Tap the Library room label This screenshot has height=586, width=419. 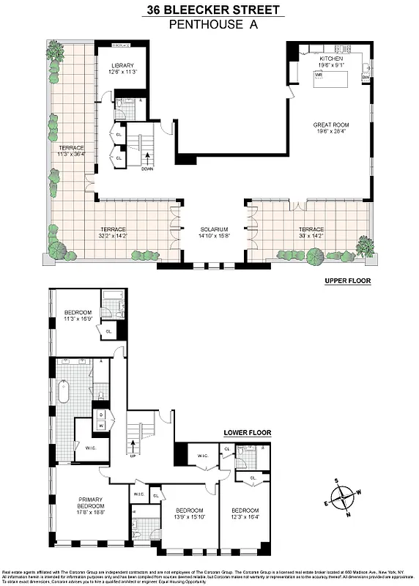(122, 69)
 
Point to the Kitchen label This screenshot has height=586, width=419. (331, 60)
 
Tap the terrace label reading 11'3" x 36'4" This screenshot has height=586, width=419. (72, 150)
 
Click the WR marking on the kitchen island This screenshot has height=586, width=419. (319, 75)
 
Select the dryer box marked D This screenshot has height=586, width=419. (102, 414)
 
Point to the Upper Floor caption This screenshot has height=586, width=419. (347, 281)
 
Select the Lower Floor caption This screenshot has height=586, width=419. (247, 433)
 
